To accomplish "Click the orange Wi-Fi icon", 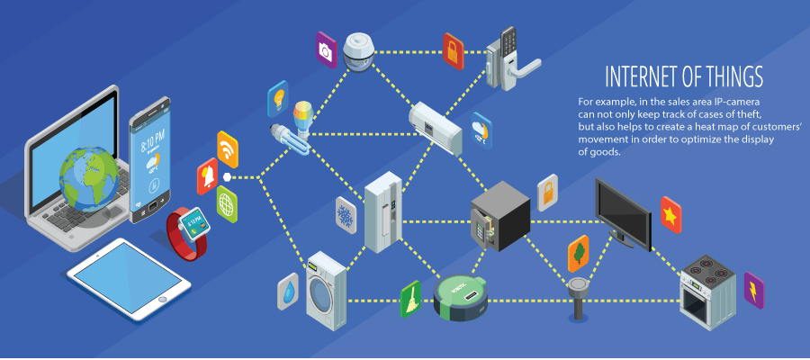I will pyautogui.click(x=228, y=148).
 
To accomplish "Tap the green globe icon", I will pyautogui.click(x=227, y=205).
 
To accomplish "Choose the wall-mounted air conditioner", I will pyautogui.click(x=436, y=127).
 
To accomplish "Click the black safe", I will pyautogui.click(x=499, y=216).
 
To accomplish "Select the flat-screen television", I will pyautogui.click(x=623, y=209).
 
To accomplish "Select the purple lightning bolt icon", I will pyautogui.click(x=753, y=290).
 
